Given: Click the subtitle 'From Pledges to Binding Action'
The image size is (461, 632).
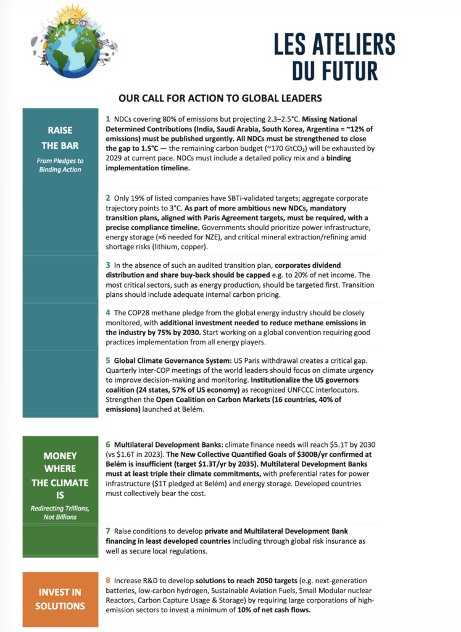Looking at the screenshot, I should pos(60,165).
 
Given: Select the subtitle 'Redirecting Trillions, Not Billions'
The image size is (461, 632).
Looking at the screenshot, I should pos(60,512).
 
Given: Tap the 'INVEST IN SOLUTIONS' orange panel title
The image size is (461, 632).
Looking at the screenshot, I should pos(60,599).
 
